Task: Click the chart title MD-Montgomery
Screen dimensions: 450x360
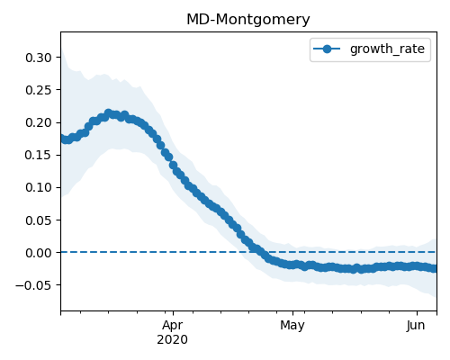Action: [x=248, y=20]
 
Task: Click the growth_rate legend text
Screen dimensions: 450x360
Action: [x=387, y=49]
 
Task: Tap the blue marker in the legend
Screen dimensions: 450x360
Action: [x=327, y=49]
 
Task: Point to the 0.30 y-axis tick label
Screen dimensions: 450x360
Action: [x=39, y=58]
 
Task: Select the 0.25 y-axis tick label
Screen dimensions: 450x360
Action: [x=39, y=90]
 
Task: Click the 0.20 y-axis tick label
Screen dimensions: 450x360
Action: [x=39, y=122]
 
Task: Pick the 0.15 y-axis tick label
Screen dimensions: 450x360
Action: [x=39, y=155]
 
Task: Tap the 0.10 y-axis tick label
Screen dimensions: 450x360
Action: [x=39, y=187]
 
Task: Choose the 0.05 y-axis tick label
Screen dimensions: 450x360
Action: [x=39, y=220]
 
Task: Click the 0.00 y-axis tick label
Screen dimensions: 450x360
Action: [x=39, y=253]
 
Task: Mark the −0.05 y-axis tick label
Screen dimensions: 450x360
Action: [x=33, y=285]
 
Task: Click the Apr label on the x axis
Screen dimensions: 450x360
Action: [x=173, y=326]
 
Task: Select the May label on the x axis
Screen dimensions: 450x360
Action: [x=292, y=326]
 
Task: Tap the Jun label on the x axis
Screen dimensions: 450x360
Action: [x=416, y=325]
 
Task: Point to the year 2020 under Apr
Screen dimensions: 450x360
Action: [x=173, y=339]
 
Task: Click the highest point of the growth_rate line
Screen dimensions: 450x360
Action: [x=108, y=113]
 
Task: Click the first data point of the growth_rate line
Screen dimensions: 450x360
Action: [x=62, y=138]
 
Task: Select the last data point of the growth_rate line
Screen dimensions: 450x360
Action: [x=435, y=268]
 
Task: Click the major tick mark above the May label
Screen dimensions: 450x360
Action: [x=292, y=313]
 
